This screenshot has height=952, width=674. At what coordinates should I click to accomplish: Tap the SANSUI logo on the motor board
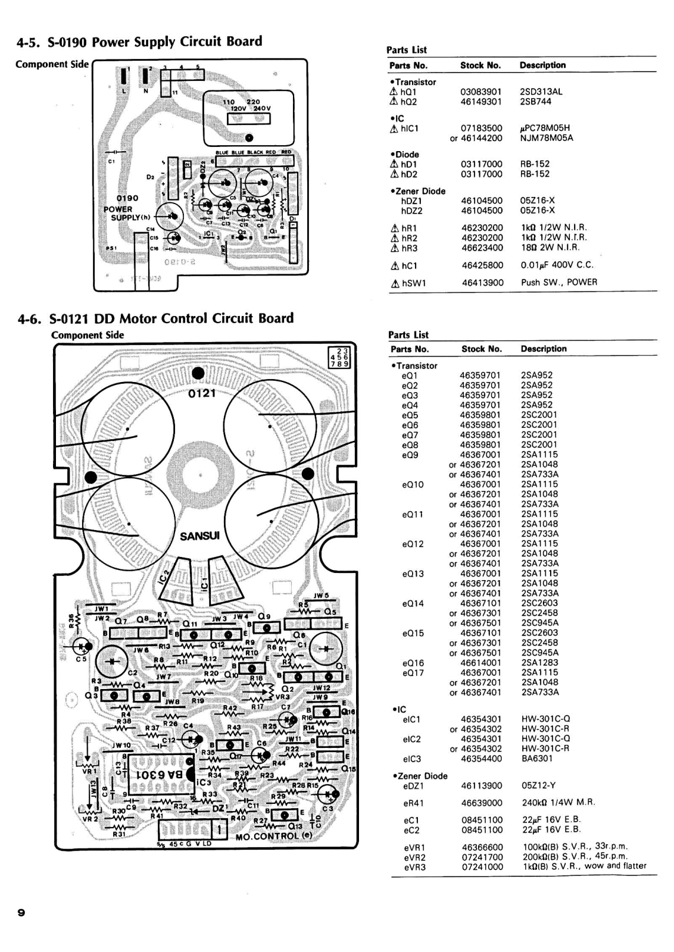pyautogui.click(x=200, y=535)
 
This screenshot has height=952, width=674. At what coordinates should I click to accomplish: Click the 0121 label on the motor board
pyautogui.click(x=202, y=393)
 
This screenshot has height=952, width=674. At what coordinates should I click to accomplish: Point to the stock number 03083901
pyautogui.click(x=480, y=92)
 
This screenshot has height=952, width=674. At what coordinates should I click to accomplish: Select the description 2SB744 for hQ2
pyautogui.click(x=535, y=102)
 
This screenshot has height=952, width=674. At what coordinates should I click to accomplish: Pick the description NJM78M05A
pyautogui.click(x=547, y=138)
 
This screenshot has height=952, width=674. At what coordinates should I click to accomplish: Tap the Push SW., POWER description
pyautogui.click(x=558, y=282)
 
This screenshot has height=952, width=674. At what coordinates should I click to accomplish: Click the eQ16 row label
pyautogui.click(x=413, y=663)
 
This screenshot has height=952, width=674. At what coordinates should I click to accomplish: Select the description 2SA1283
pyautogui.click(x=539, y=663)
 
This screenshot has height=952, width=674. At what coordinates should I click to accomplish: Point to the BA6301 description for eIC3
pyautogui.click(x=537, y=759)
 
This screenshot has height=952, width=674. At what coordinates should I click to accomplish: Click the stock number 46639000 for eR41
pyautogui.click(x=482, y=803)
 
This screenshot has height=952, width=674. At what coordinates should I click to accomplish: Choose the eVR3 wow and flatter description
pyautogui.click(x=583, y=866)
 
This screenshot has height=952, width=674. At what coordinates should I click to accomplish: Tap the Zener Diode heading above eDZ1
pyautogui.click(x=420, y=776)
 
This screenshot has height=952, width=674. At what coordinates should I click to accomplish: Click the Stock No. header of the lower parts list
pyautogui.click(x=481, y=349)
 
